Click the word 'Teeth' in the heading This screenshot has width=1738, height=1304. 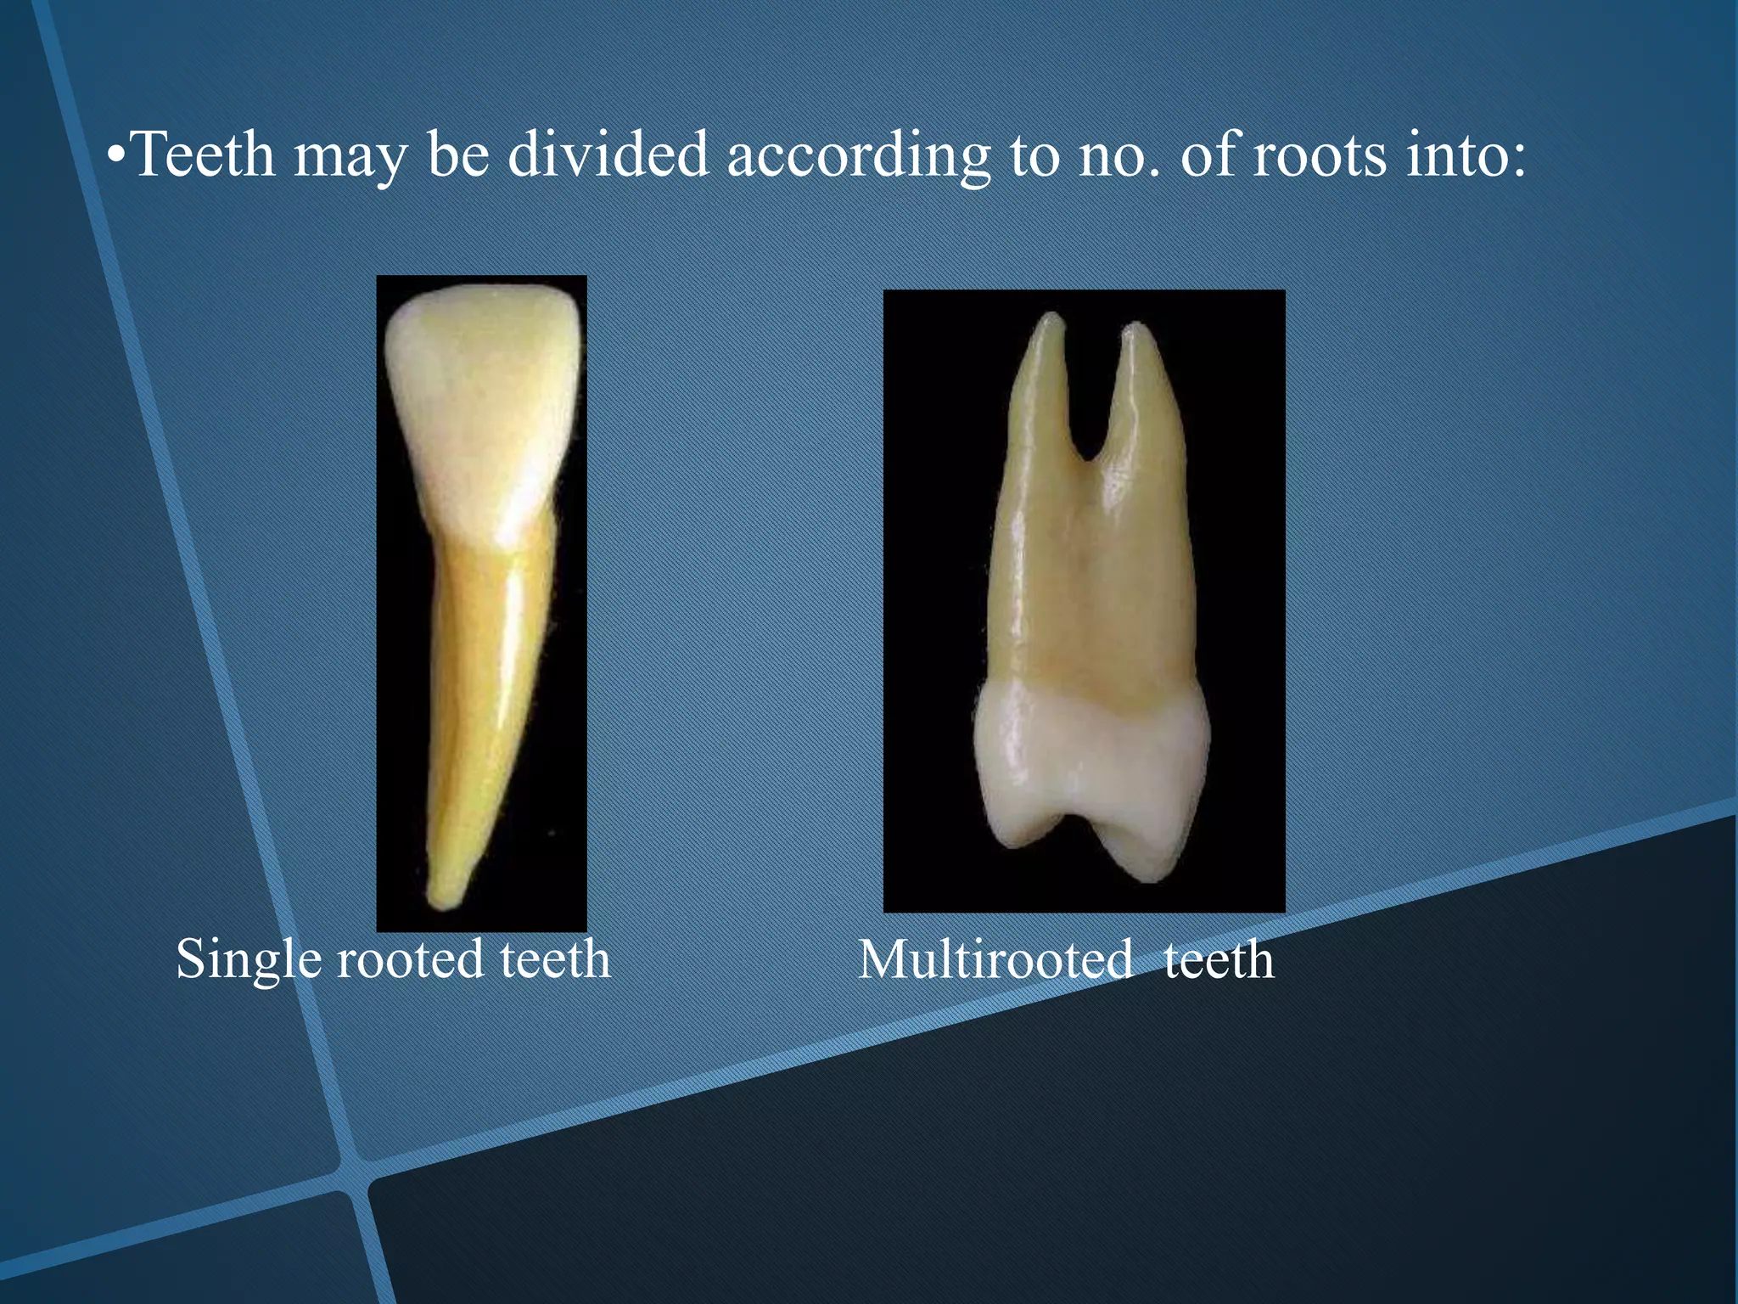point(204,155)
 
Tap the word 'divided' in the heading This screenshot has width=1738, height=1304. point(608,155)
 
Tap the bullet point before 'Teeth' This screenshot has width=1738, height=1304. point(117,157)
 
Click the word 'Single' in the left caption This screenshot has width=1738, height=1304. point(249,960)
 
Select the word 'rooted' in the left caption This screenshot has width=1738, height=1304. point(410,960)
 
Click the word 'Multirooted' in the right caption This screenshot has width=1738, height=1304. point(995,960)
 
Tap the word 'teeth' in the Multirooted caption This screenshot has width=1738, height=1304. point(1219,960)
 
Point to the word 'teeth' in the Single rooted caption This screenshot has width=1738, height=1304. point(555,960)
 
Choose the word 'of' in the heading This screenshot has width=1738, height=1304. point(1208,155)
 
